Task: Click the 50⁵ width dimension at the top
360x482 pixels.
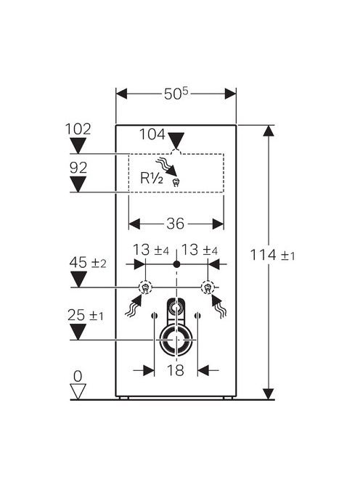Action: pyautogui.click(x=176, y=94)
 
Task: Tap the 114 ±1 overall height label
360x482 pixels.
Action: pyautogui.click(x=272, y=255)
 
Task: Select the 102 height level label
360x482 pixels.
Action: pyautogui.click(x=78, y=129)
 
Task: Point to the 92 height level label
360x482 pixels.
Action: pyautogui.click(x=78, y=168)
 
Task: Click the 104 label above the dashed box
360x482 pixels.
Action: pyautogui.click(x=152, y=134)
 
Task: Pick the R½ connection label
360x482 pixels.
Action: pyautogui.click(x=152, y=178)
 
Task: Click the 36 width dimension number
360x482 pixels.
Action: pyautogui.click(x=175, y=224)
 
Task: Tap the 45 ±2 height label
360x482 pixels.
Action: pyautogui.click(x=88, y=263)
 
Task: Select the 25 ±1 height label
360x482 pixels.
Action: pyautogui.click(x=86, y=315)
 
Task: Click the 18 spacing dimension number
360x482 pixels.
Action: pyautogui.click(x=176, y=370)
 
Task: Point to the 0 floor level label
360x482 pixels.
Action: pyautogui.click(x=78, y=376)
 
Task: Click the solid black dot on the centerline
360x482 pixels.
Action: pyautogui.click(x=176, y=264)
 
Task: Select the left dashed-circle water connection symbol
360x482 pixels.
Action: pyautogui.click(x=145, y=287)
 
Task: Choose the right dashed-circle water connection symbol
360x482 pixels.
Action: pyautogui.click(x=208, y=287)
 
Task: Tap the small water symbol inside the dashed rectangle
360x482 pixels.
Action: pyautogui.click(x=176, y=183)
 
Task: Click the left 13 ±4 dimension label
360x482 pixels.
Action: pyautogui.click(x=151, y=250)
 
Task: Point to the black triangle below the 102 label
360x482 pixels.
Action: pyautogui.click(x=78, y=145)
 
